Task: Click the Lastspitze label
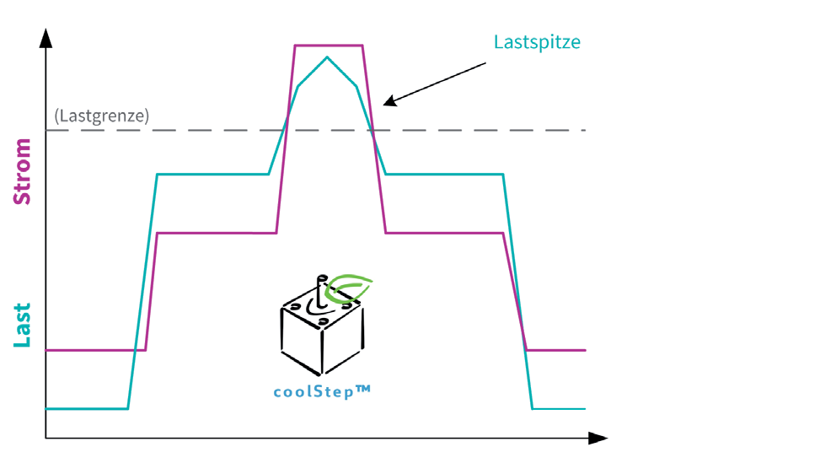click(x=537, y=43)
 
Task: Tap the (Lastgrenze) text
click(x=102, y=116)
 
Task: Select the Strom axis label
click(x=23, y=171)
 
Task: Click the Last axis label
click(x=23, y=326)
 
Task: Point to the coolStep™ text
click(x=322, y=392)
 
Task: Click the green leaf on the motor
click(x=349, y=288)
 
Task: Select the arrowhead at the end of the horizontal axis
click(x=598, y=439)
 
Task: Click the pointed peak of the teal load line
click(x=327, y=57)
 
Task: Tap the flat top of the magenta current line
click(x=329, y=46)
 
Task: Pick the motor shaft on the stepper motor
click(x=321, y=291)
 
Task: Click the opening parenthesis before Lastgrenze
click(x=56, y=116)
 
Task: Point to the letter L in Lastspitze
click(x=498, y=42)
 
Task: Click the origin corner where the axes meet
click(x=46, y=439)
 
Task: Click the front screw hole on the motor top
click(x=322, y=321)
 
